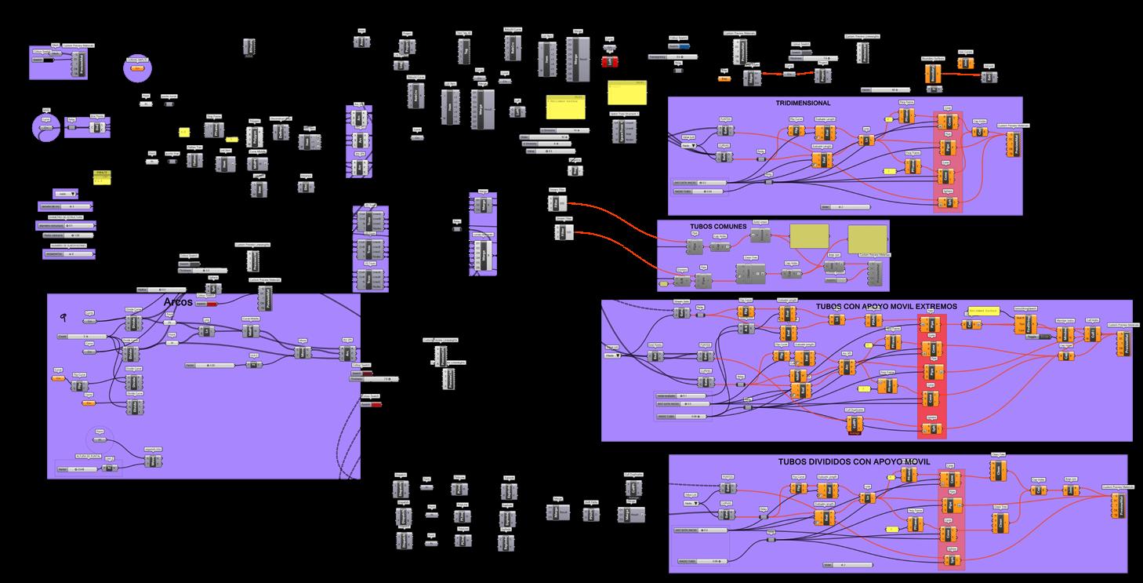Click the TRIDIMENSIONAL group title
point(803,103)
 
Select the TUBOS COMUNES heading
point(718,226)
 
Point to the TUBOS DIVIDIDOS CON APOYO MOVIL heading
point(854,461)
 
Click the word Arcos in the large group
point(178,302)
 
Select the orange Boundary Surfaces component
point(932,73)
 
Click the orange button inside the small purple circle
point(136,69)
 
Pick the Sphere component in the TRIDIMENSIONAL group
point(946,203)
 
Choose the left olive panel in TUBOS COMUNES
point(808,237)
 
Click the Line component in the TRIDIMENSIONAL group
point(865,140)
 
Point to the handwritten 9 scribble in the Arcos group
point(63,317)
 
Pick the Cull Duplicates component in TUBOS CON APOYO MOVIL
point(855,424)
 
